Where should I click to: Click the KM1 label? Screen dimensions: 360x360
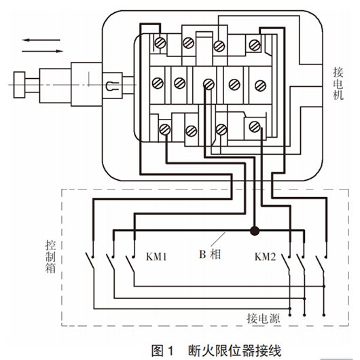[156, 257]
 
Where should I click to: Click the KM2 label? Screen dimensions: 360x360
[265, 257]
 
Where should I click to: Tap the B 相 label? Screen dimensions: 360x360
[210, 255]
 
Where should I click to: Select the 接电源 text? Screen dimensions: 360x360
[264, 319]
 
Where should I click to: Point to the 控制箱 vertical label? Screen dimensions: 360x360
[50, 257]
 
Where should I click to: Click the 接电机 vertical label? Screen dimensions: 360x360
[338, 84]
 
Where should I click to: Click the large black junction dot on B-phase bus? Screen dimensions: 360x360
[255, 231]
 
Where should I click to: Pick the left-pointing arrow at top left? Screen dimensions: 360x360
[41, 40]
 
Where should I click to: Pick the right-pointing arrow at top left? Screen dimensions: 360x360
[43, 51]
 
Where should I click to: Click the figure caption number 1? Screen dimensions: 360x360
[170, 350]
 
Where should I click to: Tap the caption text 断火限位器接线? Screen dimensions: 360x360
[234, 350]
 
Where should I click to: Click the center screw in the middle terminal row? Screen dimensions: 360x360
[209, 84]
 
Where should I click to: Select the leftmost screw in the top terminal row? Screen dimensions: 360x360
[160, 43]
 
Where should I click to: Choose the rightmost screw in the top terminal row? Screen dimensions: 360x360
[255, 45]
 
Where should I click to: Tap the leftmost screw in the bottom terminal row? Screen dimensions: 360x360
[165, 130]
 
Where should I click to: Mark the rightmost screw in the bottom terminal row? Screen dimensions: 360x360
[255, 126]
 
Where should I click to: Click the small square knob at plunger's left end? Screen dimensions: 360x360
[19, 85]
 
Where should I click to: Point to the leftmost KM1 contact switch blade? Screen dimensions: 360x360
[90, 261]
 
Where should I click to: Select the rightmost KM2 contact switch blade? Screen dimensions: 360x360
[320, 264]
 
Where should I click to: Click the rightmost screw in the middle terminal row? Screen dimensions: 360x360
[260, 86]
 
